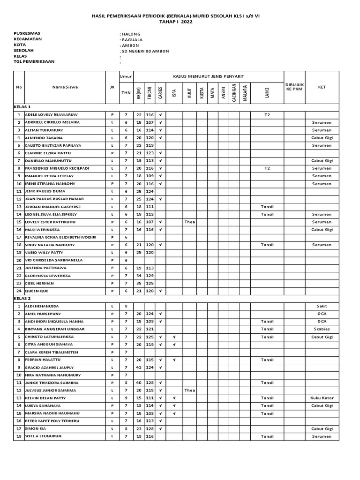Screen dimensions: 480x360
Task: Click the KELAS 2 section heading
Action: click(x=22, y=298)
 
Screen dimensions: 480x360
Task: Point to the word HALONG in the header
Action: click(x=131, y=34)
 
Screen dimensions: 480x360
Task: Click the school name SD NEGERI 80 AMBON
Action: click(x=145, y=51)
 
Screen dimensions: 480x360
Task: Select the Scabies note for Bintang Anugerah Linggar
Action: click(x=322, y=329)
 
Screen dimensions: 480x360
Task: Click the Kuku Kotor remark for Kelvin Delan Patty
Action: click(x=322, y=398)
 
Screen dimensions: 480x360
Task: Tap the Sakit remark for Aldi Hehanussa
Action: click(x=322, y=306)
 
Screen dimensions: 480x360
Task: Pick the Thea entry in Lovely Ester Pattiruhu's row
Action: click(x=189, y=222)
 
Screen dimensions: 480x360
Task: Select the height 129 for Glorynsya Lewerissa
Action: click(x=150, y=276)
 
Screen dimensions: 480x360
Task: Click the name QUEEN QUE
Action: click(x=37, y=291)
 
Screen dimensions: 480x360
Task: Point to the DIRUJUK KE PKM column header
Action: click(x=295, y=87)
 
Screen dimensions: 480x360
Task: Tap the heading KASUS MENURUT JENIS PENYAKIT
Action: click(x=208, y=76)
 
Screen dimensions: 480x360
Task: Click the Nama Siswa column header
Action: click(x=65, y=87)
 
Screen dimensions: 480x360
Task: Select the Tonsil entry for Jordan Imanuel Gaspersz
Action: click(x=267, y=206)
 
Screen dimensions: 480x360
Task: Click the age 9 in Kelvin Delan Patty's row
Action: click(x=126, y=398)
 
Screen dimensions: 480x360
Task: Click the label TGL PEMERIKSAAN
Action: click(x=34, y=61)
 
